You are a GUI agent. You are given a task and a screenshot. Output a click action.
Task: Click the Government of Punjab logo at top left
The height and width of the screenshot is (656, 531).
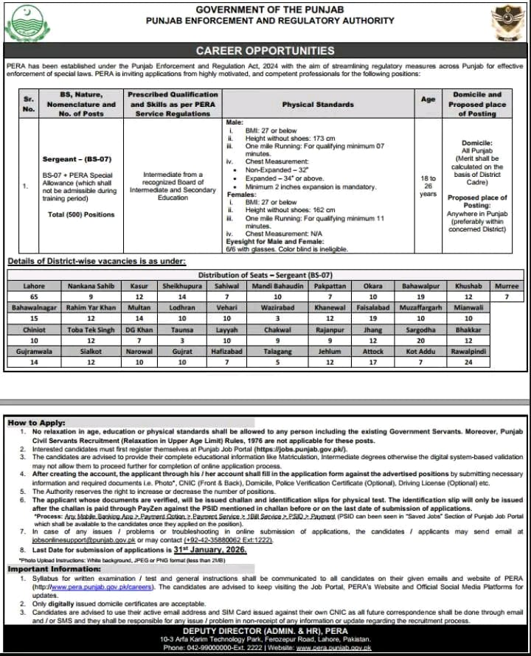coord(27,24)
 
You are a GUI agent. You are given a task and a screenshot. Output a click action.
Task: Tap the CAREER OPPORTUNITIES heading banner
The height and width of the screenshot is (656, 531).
coord(265,51)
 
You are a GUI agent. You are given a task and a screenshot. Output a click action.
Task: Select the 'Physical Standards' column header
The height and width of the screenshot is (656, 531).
coord(318,105)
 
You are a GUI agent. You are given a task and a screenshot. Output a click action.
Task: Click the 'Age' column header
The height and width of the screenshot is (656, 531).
coord(428,100)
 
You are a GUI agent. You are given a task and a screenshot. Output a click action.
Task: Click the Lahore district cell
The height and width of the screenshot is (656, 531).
coord(34,285)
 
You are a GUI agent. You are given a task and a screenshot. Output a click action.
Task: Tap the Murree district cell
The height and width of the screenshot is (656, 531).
coord(507,285)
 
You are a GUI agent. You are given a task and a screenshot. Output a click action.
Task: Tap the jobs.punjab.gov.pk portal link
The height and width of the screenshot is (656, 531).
coord(298,447)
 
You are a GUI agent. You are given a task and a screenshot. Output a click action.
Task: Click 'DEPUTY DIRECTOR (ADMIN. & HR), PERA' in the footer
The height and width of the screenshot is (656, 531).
coord(265,630)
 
